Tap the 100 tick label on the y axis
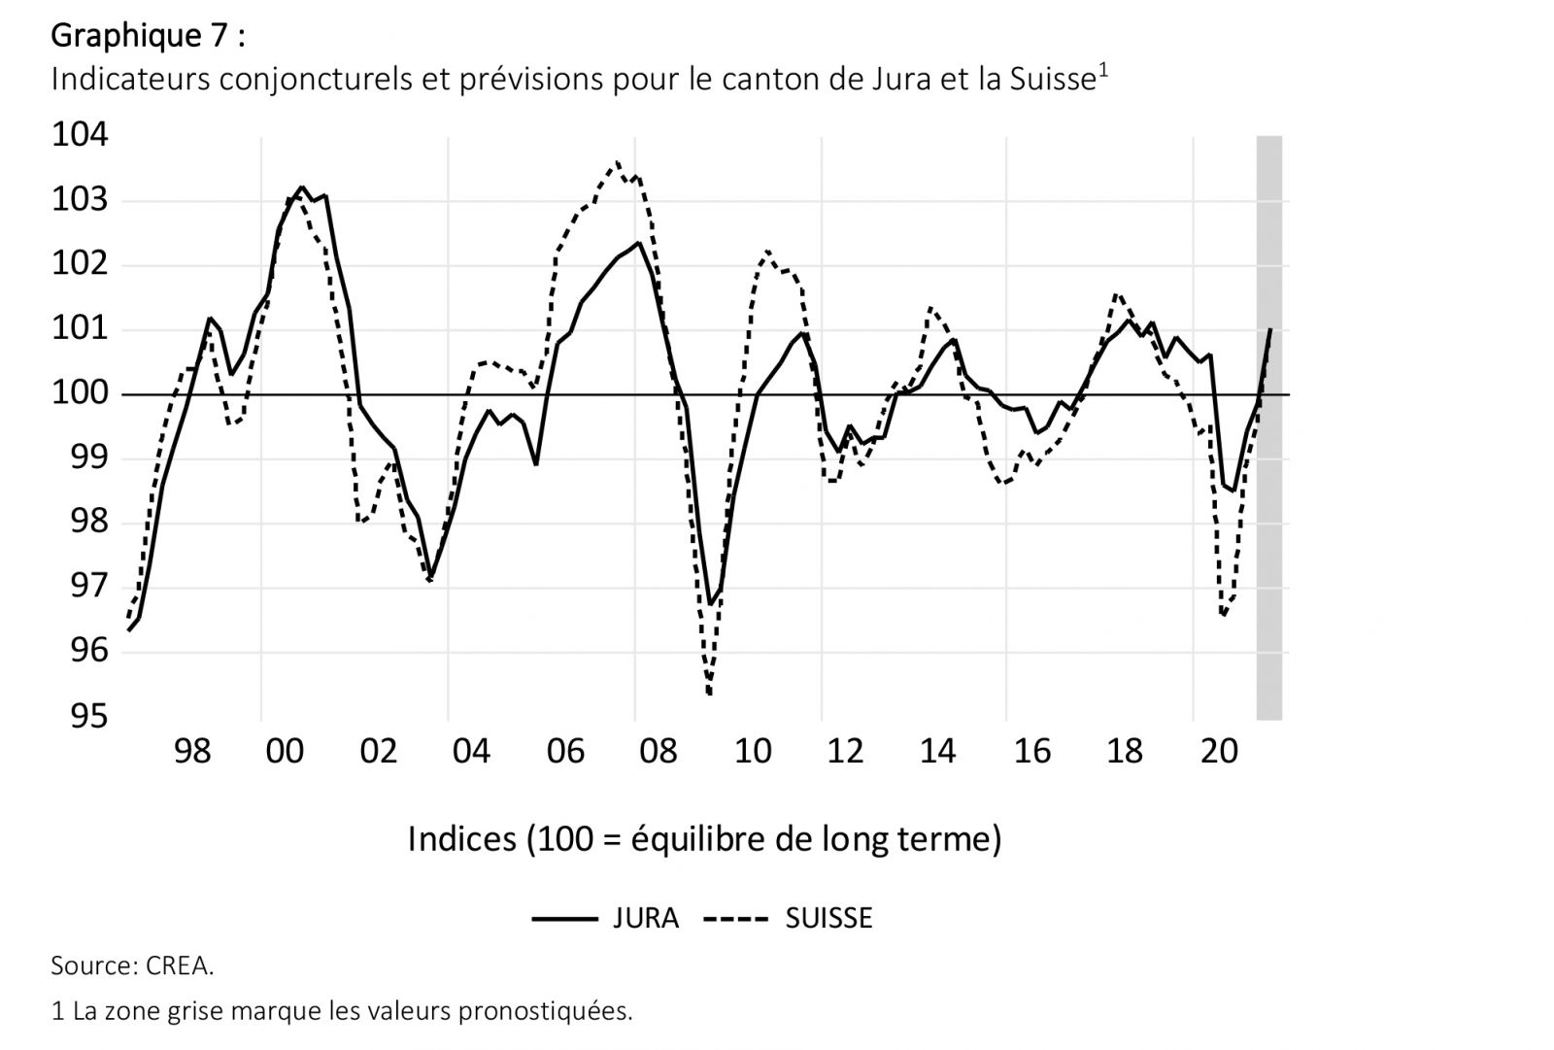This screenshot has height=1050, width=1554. click(x=80, y=394)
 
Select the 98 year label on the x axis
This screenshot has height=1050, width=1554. click(x=192, y=752)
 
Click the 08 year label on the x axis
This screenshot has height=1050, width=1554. click(x=659, y=752)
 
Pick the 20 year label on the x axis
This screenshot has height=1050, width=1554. click(x=1219, y=752)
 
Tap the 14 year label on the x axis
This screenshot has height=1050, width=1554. click(x=938, y=752)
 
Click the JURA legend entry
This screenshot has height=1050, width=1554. click(x=605, y=918)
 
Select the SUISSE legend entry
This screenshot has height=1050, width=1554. click(x=788, y=918)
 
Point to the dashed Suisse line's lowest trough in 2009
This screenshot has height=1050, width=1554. click(x=710, y=694)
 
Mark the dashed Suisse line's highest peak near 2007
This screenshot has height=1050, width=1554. click(x=617, y=162)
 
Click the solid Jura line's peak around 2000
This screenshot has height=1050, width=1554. click(x=301, y=187)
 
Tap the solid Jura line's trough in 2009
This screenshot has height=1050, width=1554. click(x=711, y=604)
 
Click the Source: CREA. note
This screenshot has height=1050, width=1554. click(x=132, y=966)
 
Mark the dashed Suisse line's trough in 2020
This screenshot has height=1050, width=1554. click(x=1223, y=615)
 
